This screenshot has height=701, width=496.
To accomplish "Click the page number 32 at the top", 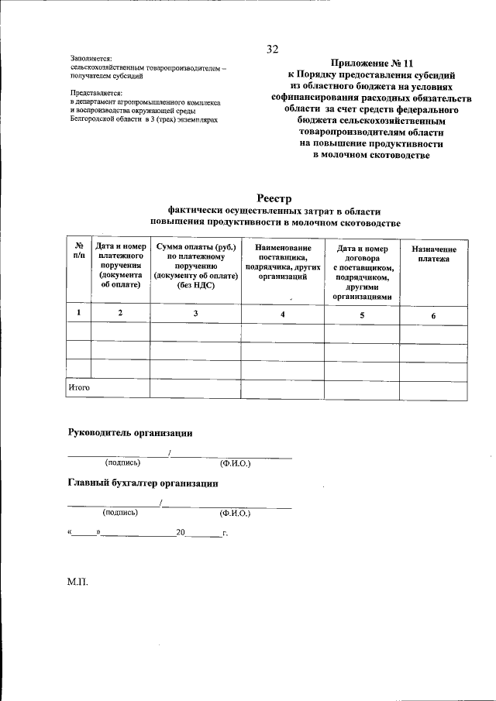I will pyautogui.click(x=272, y=50).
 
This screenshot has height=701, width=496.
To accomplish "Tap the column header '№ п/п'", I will pyautogui.click(x=78, y=251).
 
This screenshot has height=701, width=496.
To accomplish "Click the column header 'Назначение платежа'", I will pyautogui.click(x=433, y=254).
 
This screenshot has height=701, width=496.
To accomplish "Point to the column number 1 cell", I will pyautogui.click(x=78, y=313).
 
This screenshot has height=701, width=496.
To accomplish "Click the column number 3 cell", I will pyautogui.click(x=195, y=313).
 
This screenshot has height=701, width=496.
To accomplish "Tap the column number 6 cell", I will pyautogui.click(x=433, y=316).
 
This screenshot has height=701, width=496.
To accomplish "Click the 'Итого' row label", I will pyautogui.click(x=79, y=387).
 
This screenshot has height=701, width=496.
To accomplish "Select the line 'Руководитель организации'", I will pyautogui.click(x=130, y=433).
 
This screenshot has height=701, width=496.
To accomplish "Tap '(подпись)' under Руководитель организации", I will pyautogui.click(x=122, y=463).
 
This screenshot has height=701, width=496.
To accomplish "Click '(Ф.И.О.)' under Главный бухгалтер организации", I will pyautogui.click(x=235, y=513).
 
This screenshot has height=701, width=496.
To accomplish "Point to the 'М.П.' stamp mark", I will pyautogui.click(x=78, y=582).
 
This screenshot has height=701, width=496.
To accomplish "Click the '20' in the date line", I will pyautogui.click(x=181, y=533).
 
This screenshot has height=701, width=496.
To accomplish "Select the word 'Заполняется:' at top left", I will pyautogui.click(x=91, y=58).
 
